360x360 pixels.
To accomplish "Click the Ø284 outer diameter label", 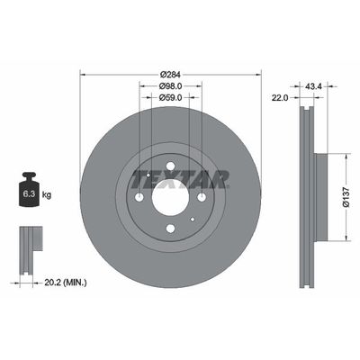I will [x=170, y=74].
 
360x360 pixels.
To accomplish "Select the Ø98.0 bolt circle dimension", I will [x=170, y=86].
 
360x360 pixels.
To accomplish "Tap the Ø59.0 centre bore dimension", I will [x=170, y=98].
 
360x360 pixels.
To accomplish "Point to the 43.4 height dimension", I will [x=313, y=86].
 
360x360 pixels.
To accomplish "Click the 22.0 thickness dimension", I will [x=281, y=98].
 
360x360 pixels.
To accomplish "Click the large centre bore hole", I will [x=170, y=197].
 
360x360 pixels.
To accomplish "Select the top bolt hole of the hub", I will [x=170, y=166].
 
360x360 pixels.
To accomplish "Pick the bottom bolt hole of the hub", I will [x=170, y=229].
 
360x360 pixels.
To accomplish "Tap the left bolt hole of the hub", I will [x=139, y=197].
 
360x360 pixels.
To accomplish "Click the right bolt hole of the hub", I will [x=202, y=197].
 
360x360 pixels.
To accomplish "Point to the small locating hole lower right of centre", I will [x=193, y=219].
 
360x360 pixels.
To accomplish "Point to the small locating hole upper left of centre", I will [x=148, y=175].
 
